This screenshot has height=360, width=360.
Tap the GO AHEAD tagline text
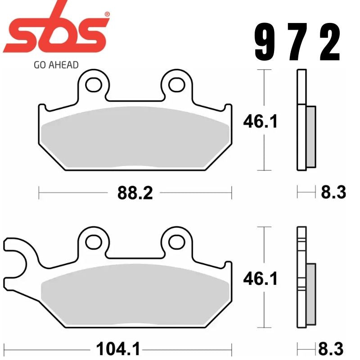(x=56, y=64)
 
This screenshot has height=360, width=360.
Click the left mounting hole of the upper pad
(x=94, y=84)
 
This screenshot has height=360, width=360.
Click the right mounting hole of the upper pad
(x=177, y=84)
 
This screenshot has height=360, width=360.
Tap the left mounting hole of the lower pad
(x=94, y=242)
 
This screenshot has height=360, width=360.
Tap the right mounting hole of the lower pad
(x=177, y=242)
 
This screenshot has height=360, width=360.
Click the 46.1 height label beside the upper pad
(x=261, y=121)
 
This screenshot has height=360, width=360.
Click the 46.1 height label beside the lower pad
(x=261, y=279)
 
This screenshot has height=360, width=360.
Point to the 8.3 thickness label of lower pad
(x=332, y=349)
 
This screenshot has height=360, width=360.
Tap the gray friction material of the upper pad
(x=135, y=137)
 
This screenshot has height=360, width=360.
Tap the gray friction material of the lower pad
(x=135, y=295)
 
